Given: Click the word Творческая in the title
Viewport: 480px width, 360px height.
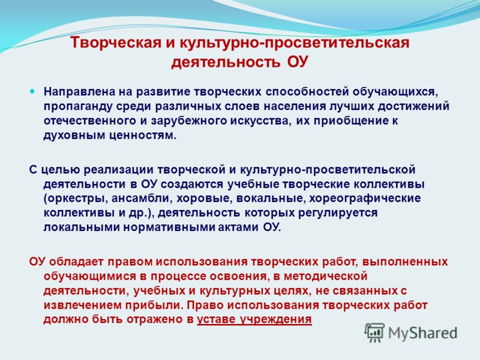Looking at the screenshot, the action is point(116,43).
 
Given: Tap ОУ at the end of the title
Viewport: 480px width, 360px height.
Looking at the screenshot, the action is point(297,62).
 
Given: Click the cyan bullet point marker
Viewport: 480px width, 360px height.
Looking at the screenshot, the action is point(32,91).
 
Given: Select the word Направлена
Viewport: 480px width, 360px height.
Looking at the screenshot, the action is point(80,92).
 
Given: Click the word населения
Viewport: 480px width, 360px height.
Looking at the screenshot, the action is point(295,106).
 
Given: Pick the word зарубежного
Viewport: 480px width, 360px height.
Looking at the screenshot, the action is point(187,121).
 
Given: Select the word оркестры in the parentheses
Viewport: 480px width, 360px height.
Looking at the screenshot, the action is point(77,199).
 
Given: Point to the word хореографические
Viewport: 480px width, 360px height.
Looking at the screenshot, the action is point(365,199).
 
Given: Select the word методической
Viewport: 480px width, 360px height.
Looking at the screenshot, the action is point(325,277).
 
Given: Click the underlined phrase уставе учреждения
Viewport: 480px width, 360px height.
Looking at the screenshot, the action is point(254,320).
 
